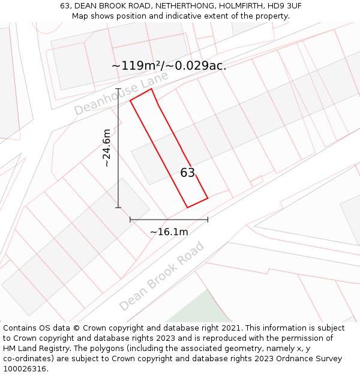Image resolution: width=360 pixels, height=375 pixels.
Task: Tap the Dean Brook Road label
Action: tap(161, 276)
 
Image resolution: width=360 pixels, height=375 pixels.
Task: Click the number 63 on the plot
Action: tap(188, 173)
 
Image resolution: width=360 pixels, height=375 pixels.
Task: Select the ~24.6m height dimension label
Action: tap(107, 148)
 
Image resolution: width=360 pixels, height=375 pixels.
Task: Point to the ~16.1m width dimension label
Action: tap(169, 232)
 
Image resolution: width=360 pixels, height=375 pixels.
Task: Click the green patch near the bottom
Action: tap(201, 309)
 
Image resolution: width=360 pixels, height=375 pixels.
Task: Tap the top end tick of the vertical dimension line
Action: tap(118, 100)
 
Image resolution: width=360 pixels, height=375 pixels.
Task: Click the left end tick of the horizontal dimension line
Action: tap(130, 220)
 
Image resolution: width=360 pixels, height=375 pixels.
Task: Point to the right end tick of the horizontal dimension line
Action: tap(208, 220)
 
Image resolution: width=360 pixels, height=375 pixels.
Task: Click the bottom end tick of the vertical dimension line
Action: tap(118, 208)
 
